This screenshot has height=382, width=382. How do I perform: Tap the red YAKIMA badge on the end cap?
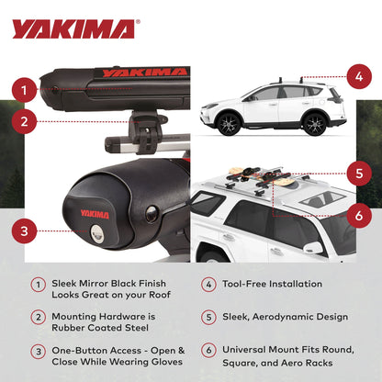[x=95, y=214]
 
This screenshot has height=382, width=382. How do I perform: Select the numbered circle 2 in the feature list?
[x=37, y=317]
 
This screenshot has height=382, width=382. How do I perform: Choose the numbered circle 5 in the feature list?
[x=208, y=317]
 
